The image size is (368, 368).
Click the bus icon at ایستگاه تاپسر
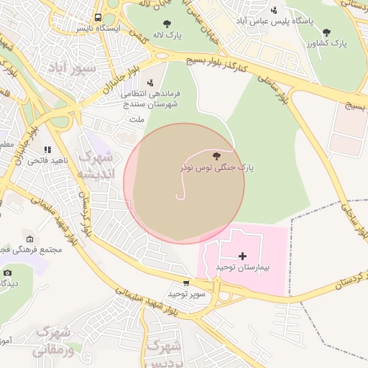click(98, 18)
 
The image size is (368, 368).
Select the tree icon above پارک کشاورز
click(327, 32)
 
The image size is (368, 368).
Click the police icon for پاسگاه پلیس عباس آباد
click(274, 10)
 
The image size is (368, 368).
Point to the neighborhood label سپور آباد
click(72, 68)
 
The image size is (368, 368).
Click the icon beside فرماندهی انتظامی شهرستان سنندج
click(150, 83)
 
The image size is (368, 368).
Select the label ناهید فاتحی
click(48, 160)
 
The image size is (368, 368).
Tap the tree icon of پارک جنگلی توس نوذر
click(216, 155)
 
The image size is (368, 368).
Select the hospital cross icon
click(242, 256)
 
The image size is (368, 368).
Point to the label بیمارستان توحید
click(242, 267)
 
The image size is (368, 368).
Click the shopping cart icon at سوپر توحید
click(187, 283)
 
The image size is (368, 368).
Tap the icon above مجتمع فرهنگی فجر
click(29, 239)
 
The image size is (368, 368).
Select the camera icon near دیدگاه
click(8, 272)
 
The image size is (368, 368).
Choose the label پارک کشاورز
click(328, 44)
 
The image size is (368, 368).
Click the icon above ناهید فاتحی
click(47, 149)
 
